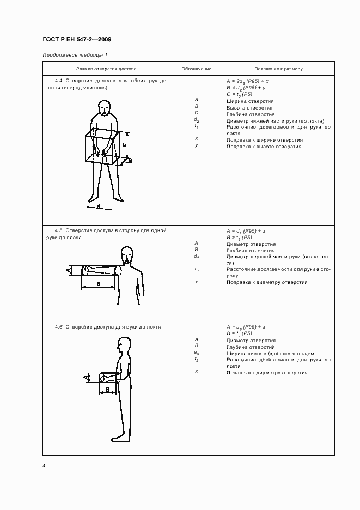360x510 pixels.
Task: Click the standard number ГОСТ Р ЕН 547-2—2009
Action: click(x=77, y=40)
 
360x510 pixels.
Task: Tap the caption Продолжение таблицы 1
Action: click(x=75, y=55)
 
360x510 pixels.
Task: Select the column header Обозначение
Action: click(x=196, y=69)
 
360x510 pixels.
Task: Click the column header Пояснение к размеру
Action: click(x=279, y=69)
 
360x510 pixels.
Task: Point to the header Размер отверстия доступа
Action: click(x=106, y=69)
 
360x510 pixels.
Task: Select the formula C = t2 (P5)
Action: click(x=239, y=94)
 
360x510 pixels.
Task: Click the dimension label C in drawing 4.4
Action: click(x=124, y=145)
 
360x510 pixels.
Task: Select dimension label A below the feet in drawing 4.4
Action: click(x=98, y=205)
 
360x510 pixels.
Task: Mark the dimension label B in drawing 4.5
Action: click(x=98, y=284)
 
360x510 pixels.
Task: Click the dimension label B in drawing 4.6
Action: click(x=108, y=389)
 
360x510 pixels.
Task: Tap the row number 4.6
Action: click(x=59, y=326)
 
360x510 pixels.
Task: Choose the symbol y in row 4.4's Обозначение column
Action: click(x=196, y=145)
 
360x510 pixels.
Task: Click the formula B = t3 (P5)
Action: click(x=239, y=238)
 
